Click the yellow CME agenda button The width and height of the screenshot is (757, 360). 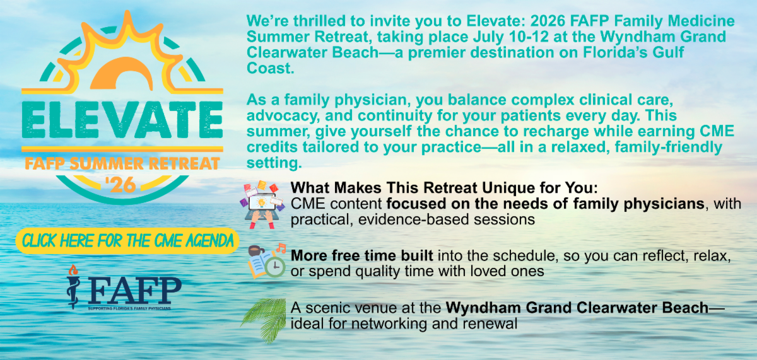point(127,241)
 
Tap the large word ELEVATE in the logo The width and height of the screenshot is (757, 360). point(122,120)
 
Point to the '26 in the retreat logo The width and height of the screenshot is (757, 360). point(120,185)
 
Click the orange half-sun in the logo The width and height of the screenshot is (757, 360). point(121,73)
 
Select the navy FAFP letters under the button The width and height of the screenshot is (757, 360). point(135,291)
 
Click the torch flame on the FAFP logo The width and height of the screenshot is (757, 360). point(73,270)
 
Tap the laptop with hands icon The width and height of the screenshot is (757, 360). point(262,206)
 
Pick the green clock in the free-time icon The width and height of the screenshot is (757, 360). point(275,267)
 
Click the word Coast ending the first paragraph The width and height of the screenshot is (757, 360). point(271,68)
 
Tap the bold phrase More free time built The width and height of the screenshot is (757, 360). point(362,255)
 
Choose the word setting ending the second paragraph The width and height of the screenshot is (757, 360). point(274,163)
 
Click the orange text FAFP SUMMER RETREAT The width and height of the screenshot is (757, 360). point(122,164)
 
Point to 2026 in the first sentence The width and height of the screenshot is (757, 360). point(548,21)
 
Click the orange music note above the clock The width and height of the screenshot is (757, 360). point(281,248)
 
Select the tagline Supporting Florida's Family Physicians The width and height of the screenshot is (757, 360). point(129,308)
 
